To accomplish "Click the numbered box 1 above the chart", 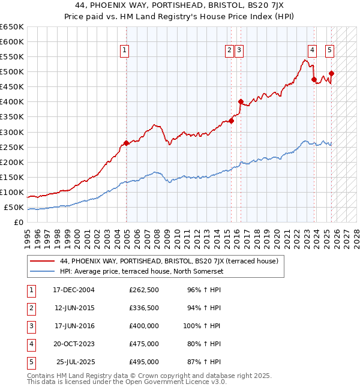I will tap(124, 51).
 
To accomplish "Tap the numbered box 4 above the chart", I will tap(313, 51).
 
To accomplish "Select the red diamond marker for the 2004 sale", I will tap(126, 143).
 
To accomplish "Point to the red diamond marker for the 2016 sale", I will tap(241, 101).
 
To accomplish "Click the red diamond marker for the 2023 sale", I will tap(314, 79).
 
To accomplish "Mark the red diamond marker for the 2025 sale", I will tap(331, 73).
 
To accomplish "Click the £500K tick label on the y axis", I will tap(13, 72).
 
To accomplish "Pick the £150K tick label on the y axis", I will tap(13, 178).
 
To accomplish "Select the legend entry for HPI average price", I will tap(142, 271).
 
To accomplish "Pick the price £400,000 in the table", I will tap(144, 326).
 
